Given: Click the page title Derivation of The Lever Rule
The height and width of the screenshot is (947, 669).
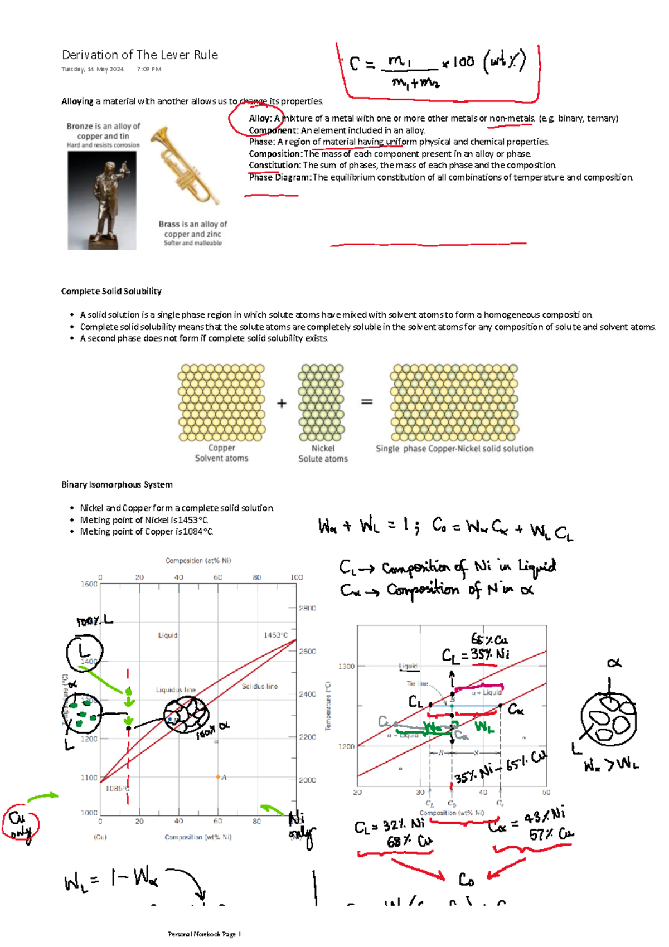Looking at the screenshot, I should [139, 55].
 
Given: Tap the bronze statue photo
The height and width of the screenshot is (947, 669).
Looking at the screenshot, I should [102, 200].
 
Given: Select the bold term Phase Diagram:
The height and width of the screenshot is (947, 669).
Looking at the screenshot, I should [279, 177].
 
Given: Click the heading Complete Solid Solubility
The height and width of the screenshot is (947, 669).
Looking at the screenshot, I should [111, 291].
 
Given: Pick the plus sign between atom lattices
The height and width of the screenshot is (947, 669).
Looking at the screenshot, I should [282, 403].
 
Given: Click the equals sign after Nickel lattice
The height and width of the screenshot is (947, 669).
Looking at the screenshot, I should [366, 401].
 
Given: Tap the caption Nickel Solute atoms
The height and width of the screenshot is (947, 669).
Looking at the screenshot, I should [323, 453].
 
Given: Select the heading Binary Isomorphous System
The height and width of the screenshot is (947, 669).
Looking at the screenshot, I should [117, 484].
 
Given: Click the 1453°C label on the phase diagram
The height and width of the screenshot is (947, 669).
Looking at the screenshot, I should [275, 635].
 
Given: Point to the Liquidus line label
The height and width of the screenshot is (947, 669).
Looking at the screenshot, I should [176, 689].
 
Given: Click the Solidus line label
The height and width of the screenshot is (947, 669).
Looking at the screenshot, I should [259, 686].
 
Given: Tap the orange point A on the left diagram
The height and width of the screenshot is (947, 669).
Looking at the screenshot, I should [219, 776].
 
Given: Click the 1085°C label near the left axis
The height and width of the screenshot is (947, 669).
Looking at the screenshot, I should [118, 788].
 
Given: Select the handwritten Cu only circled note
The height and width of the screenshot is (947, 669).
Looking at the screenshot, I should [20, 824].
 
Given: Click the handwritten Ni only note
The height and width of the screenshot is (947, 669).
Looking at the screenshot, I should [300, 827].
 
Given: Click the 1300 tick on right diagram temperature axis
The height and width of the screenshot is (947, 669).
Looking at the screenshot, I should [346, 666].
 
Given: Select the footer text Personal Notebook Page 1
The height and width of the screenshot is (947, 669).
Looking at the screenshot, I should [204, 934].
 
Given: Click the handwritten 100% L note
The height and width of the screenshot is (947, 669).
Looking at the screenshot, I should [94, 620].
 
